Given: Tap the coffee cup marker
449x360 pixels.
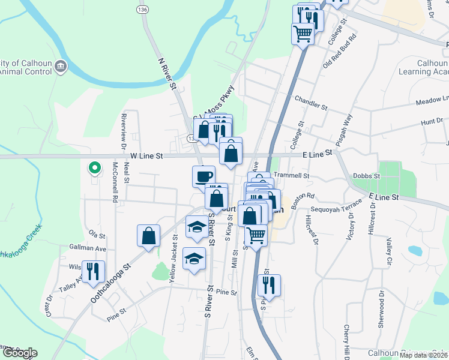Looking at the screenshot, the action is click(x=203, y=176).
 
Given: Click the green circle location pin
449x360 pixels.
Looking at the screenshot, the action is click(x=93, y=169).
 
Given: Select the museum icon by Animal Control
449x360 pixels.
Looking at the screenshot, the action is click(x=61, y=66).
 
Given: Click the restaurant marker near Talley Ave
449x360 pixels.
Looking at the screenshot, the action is click(x=93, y=271).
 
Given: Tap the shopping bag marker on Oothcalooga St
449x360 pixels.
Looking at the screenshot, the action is click(x=148, y=236).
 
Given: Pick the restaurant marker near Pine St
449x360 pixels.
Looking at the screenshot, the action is click(x=269, y=286).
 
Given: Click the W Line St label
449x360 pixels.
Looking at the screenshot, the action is click(x=147, y=156).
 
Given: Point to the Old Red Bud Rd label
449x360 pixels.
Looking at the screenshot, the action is click(x=339, y=50).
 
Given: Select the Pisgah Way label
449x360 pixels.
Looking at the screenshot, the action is click(x=346, y=127).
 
